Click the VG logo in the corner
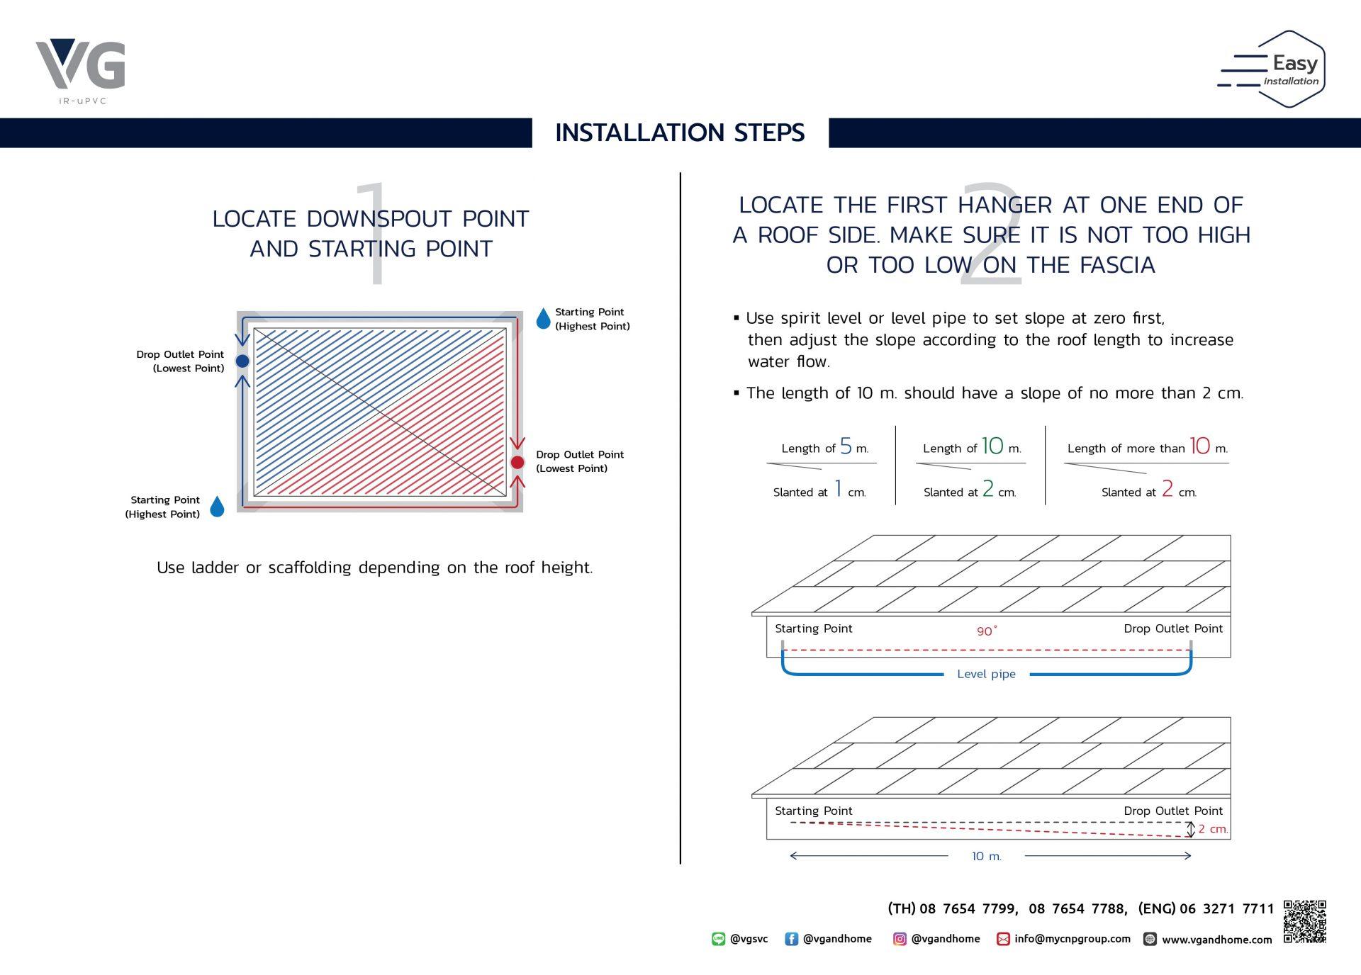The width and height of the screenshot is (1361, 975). pyautogui.click(x=80, y=71)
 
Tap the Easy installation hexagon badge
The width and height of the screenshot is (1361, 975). pyautogui.click(x=1272, y=69)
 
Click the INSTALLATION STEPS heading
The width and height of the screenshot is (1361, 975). pyautogui.click(x=680, y=133)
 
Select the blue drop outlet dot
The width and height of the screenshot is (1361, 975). pyautogui.click(x=242, y=361)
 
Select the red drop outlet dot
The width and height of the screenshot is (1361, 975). pyautogui.click(x=517, y=462)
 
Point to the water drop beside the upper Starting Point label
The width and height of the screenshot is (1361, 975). pyautogui.click(x=544, y=319)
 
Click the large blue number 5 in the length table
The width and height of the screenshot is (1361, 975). pyautogui.click(x=846, y=446)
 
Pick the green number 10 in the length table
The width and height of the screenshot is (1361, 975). pyautogui.click(x=992, y=446)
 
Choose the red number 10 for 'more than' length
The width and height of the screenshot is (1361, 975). pyautogui.click(x=1200, y=446)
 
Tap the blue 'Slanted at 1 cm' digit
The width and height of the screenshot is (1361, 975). pyautogui.click(x=838, y=489)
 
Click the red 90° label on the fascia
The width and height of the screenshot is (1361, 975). pyautogui.click(x=987, y=631)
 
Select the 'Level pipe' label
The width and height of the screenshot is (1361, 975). pyautogui.click(x=986, y=674)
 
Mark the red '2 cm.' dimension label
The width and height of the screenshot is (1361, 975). pyautogui.click(x=1213, y=829)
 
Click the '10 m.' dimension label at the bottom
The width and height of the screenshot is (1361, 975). pyautogui.click(x=986, y=856)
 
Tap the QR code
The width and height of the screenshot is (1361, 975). pyautogui.click(x=1304, y=921)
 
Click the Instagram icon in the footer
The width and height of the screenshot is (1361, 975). pyautogui.click(x=900, y=939)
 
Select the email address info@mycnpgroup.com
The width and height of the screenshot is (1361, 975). pyautogui.click(x=1072, y=939)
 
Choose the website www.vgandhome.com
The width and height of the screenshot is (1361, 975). pyautogui.click(x=1217, y=940)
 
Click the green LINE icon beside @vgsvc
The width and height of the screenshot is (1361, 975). pyautogui.click(x=719, y=939)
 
